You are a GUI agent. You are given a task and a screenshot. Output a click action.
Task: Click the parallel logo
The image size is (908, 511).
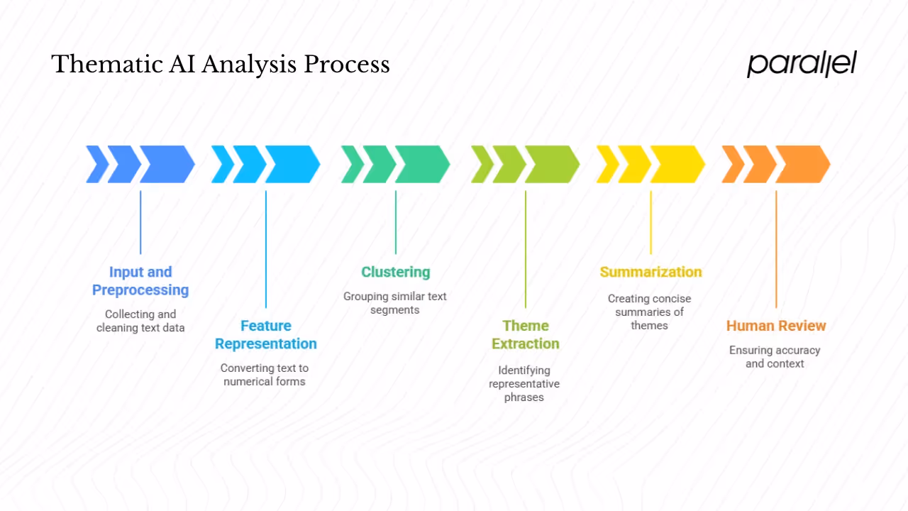(802, 64)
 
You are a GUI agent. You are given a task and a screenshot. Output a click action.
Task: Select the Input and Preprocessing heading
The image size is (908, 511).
(140, 281)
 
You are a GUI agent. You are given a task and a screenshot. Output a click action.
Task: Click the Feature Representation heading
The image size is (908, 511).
(266, 334)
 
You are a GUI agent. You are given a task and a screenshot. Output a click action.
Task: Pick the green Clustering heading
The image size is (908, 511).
(395, 272)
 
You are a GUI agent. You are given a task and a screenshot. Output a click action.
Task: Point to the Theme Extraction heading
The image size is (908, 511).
(526, 334)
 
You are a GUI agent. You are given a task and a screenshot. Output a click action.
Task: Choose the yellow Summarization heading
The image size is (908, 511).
(650, 272)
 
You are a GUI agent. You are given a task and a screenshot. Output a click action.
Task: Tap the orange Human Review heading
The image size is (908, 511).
(776, 326)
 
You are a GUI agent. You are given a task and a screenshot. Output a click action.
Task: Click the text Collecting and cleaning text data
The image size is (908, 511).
(140, 321)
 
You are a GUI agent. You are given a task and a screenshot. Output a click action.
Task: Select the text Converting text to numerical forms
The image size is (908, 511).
(265, 375)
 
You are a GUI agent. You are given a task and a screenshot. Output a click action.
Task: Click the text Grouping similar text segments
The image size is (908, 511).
(395, 303)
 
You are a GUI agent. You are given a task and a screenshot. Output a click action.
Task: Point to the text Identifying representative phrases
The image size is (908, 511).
(524, 383)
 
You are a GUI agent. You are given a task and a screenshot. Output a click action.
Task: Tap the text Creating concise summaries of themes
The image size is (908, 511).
(649, 312)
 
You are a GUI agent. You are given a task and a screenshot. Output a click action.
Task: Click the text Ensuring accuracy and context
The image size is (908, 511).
(775, 357)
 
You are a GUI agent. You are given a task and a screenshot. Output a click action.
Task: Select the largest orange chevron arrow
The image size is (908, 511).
(802, 164)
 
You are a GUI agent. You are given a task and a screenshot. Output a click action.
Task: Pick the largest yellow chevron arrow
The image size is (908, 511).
(677, 164)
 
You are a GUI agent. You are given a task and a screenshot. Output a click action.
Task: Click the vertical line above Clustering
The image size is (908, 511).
(396, 222)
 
